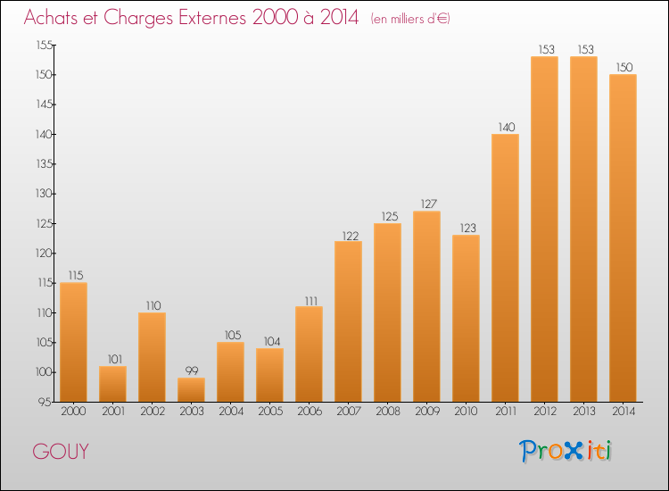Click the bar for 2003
click(x=191, y=389)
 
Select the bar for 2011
click(x=505, y=268)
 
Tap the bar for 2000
click(x=73, y=342)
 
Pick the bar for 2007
click(x=348, y=321)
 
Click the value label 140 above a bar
click(x=505, y=127)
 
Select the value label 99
click(x=191, y=370)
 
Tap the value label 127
click(x=426, y=204)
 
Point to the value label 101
click(x=112, y=359)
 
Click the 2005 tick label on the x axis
click(x=269, y=412)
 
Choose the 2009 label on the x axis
click(x=426, y=412)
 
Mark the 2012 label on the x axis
click(x=544, y=412)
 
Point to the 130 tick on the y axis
click(x=43, y=194)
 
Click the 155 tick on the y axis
click(x=43, y=45)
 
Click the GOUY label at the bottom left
click(x=61, y=452)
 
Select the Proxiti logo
click(x=566, y=451)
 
